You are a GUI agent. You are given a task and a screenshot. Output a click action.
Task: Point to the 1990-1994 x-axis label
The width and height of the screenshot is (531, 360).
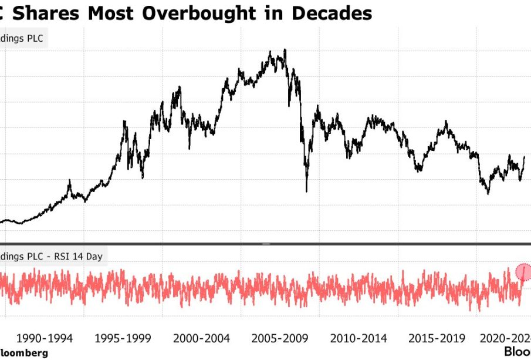[45, 338]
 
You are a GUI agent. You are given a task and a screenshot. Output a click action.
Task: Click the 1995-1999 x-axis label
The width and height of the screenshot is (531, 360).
[123, 338]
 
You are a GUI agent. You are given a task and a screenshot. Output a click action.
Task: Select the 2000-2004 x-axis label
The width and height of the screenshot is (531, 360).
[202, 338]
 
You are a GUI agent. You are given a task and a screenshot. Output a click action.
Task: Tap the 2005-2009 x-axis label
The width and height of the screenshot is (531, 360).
[280, 338]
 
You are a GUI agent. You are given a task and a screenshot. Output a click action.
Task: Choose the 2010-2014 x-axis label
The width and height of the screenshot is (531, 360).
[359, 338]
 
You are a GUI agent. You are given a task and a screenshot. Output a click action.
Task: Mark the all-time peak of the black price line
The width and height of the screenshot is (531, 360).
[285, 51]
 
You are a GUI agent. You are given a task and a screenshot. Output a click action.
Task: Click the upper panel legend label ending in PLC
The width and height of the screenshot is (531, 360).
[22, 39]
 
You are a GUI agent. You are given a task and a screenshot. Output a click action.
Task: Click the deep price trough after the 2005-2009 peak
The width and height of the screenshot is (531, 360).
[306, 191]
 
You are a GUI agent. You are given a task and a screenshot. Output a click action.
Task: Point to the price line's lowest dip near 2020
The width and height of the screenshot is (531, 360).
[488, 193]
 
